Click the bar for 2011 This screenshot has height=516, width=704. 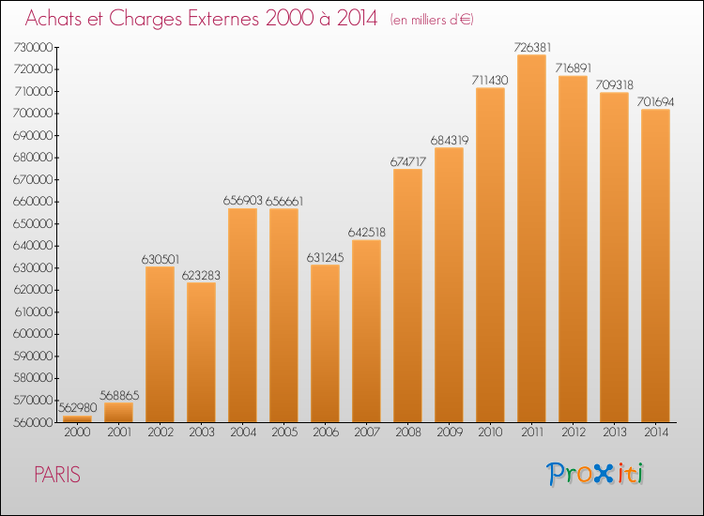click(531, 238)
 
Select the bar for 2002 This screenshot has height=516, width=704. click(160, 344)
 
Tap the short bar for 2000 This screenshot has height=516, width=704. click(77, 419)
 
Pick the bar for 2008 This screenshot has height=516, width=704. click(407, 296)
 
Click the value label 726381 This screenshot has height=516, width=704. click(532, 47)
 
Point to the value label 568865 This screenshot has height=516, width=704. click(119, 395)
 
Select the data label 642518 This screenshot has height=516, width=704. click(367, 232)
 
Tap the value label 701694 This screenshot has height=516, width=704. click(655, 102)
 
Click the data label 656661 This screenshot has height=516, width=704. click(284, 201)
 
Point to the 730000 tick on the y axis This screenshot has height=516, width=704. click(33, 47)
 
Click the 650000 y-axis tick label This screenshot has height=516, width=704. click(33, 223)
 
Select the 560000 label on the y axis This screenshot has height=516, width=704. click(33, 422)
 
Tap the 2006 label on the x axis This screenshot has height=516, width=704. click(326, 433)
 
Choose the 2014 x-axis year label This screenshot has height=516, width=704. click(656, 433)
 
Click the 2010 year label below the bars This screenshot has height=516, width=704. click(490, 433)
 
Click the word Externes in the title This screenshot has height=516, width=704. click(223, 19)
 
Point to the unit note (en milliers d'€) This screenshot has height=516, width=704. click(432, 20)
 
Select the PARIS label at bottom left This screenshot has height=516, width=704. click(57, 475)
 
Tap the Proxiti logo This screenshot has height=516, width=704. click(595, 474)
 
